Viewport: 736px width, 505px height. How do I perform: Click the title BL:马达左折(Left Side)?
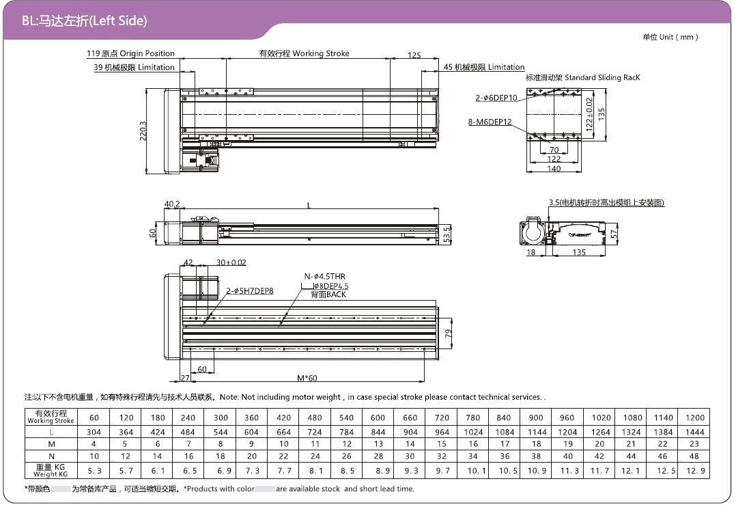click(85, 21)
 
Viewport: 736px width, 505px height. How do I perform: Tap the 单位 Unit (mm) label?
click(670, 37)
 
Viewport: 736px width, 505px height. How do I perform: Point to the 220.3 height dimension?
click(143, 131)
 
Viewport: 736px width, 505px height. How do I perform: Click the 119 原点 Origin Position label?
click(130, 53)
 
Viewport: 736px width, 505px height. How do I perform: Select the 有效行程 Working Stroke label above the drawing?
click(305, 53)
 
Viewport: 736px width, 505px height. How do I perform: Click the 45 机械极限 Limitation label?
click(484, 67)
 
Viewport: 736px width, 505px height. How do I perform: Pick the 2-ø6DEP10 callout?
click(496, 98)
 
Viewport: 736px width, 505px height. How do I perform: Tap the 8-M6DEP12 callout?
click(490, 122)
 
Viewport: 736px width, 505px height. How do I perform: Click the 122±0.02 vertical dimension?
click(590, 114)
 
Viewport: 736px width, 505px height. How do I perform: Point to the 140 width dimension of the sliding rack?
click(554, 168)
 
